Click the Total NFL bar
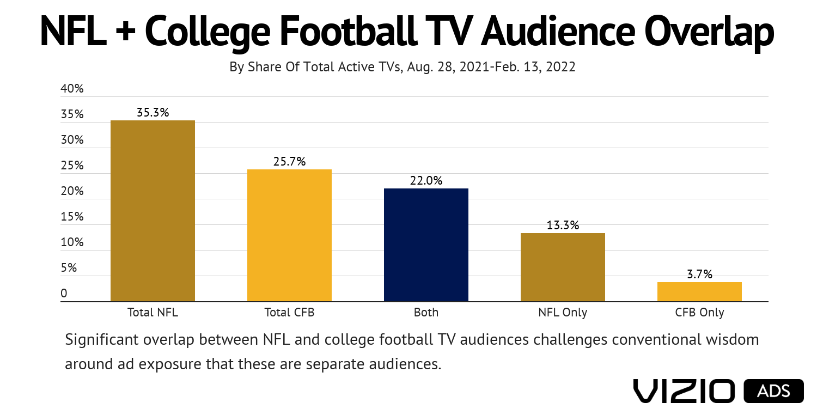(x=153, y=211)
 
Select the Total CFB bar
(x=289, y=235)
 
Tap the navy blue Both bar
(x=426, y=245)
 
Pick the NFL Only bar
(x=563, y=267)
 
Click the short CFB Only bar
(x=699, y=292)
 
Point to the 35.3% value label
(x=153, y=113)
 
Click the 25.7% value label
(x=289, y=162)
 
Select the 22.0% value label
(x=426, y=181)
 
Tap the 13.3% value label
(x=563, y=225)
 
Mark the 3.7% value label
(x=699, y=274)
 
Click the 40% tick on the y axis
(x=72, y=89)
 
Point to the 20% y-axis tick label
(x=72, y=191)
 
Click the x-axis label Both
(x=426, y=313)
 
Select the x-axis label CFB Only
(x=699, y=313)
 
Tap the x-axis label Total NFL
(x=153, y=313)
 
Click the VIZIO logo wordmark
(x=684, y=391)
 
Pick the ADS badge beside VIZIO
(x=773, y=391)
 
